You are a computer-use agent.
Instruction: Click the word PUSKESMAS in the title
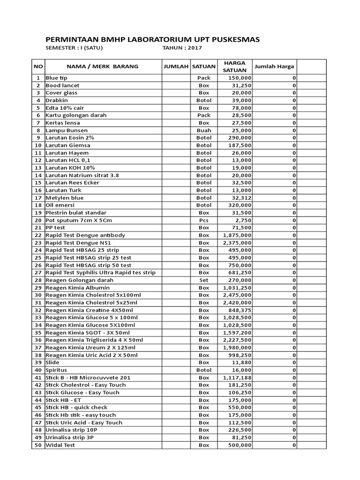pyautogui.click(x=229, y=39)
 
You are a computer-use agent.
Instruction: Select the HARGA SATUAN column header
pyautogui.click(x=235, y=66)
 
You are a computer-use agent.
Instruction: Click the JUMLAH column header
pyautogui.click(x=176, y=67)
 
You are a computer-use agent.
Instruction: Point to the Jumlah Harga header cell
pyautogui.click(x=274, y=67)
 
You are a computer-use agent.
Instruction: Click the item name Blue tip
pyautogui.click(x=57, y=78)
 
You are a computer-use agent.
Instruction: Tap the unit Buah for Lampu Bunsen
pyautogui.click(x=204, y=130)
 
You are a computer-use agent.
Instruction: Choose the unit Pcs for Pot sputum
pyautogui.click(x=204, y=220)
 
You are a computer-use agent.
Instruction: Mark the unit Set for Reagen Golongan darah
pyautogui.click(x=204, y=280)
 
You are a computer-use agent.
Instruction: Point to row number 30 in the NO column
pyautogui.click(x=38, y=295)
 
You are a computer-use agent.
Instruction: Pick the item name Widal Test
pyautogui.click(x=60, y=445)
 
